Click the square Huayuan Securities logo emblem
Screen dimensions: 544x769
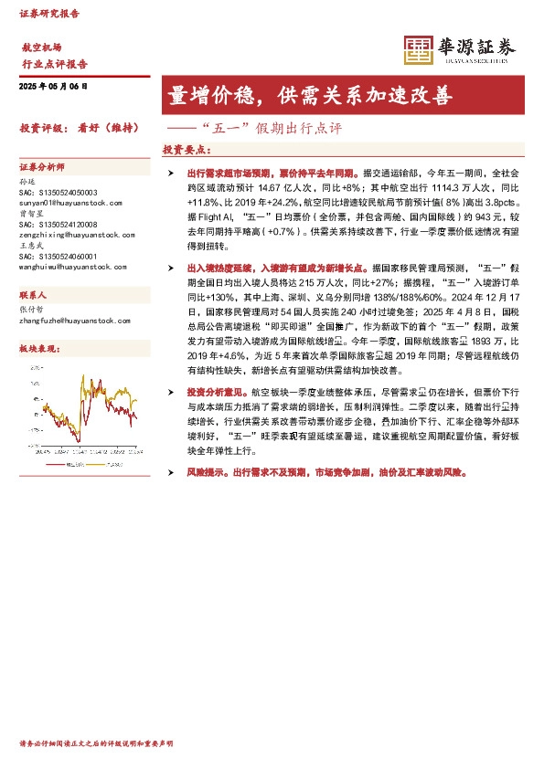tap(419, 49)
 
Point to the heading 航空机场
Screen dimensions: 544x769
tap(41, 47)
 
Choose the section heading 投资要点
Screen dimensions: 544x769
tap(187, 149)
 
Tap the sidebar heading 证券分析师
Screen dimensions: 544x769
tap(42, 168)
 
